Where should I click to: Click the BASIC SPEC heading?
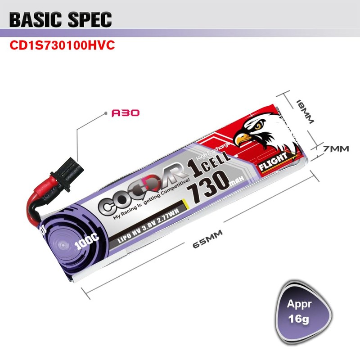[x=60, y=19]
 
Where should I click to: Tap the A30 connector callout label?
[x=125, y=113]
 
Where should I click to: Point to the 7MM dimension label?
[x=335, y=148]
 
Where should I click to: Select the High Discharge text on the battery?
[x=219, y=149]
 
